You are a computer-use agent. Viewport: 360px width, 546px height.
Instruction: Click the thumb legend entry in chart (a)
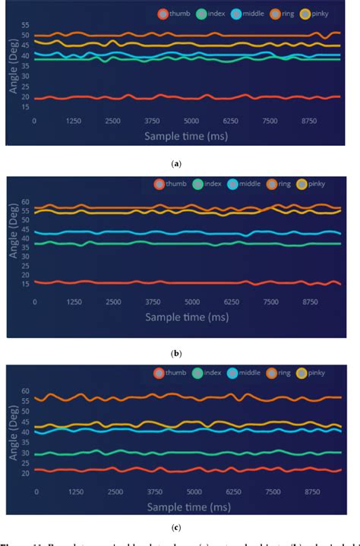[174, 14]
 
